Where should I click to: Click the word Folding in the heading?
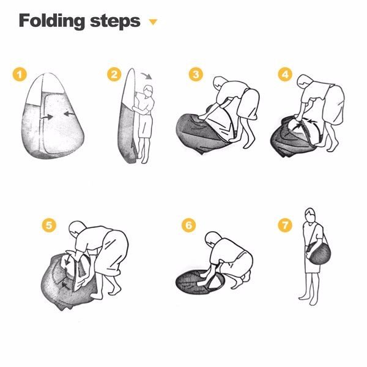(52, 21)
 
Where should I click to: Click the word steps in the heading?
(115, 21)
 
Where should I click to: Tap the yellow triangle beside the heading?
(154, 22)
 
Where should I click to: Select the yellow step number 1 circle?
(20, 75)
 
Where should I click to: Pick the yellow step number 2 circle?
(114, 75)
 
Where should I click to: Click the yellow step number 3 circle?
(196, 75)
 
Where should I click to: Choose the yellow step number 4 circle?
(285, 75)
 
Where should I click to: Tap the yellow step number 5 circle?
(49, 225)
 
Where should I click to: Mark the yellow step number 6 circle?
(188, 225)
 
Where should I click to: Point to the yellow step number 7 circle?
(285, 225)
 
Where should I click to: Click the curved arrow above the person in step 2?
(147, 76)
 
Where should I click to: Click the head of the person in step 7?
(310, 215)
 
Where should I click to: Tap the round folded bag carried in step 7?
(318, 253)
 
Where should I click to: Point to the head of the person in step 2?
(148, 91)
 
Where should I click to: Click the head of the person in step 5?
(78, 229)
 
